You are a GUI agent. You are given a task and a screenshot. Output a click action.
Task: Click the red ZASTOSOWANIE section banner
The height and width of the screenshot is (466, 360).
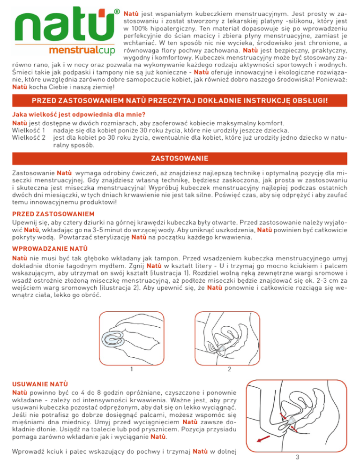click(x=180, y=158)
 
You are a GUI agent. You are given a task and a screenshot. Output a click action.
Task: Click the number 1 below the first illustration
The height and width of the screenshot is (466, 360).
click(x=132, y=369)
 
